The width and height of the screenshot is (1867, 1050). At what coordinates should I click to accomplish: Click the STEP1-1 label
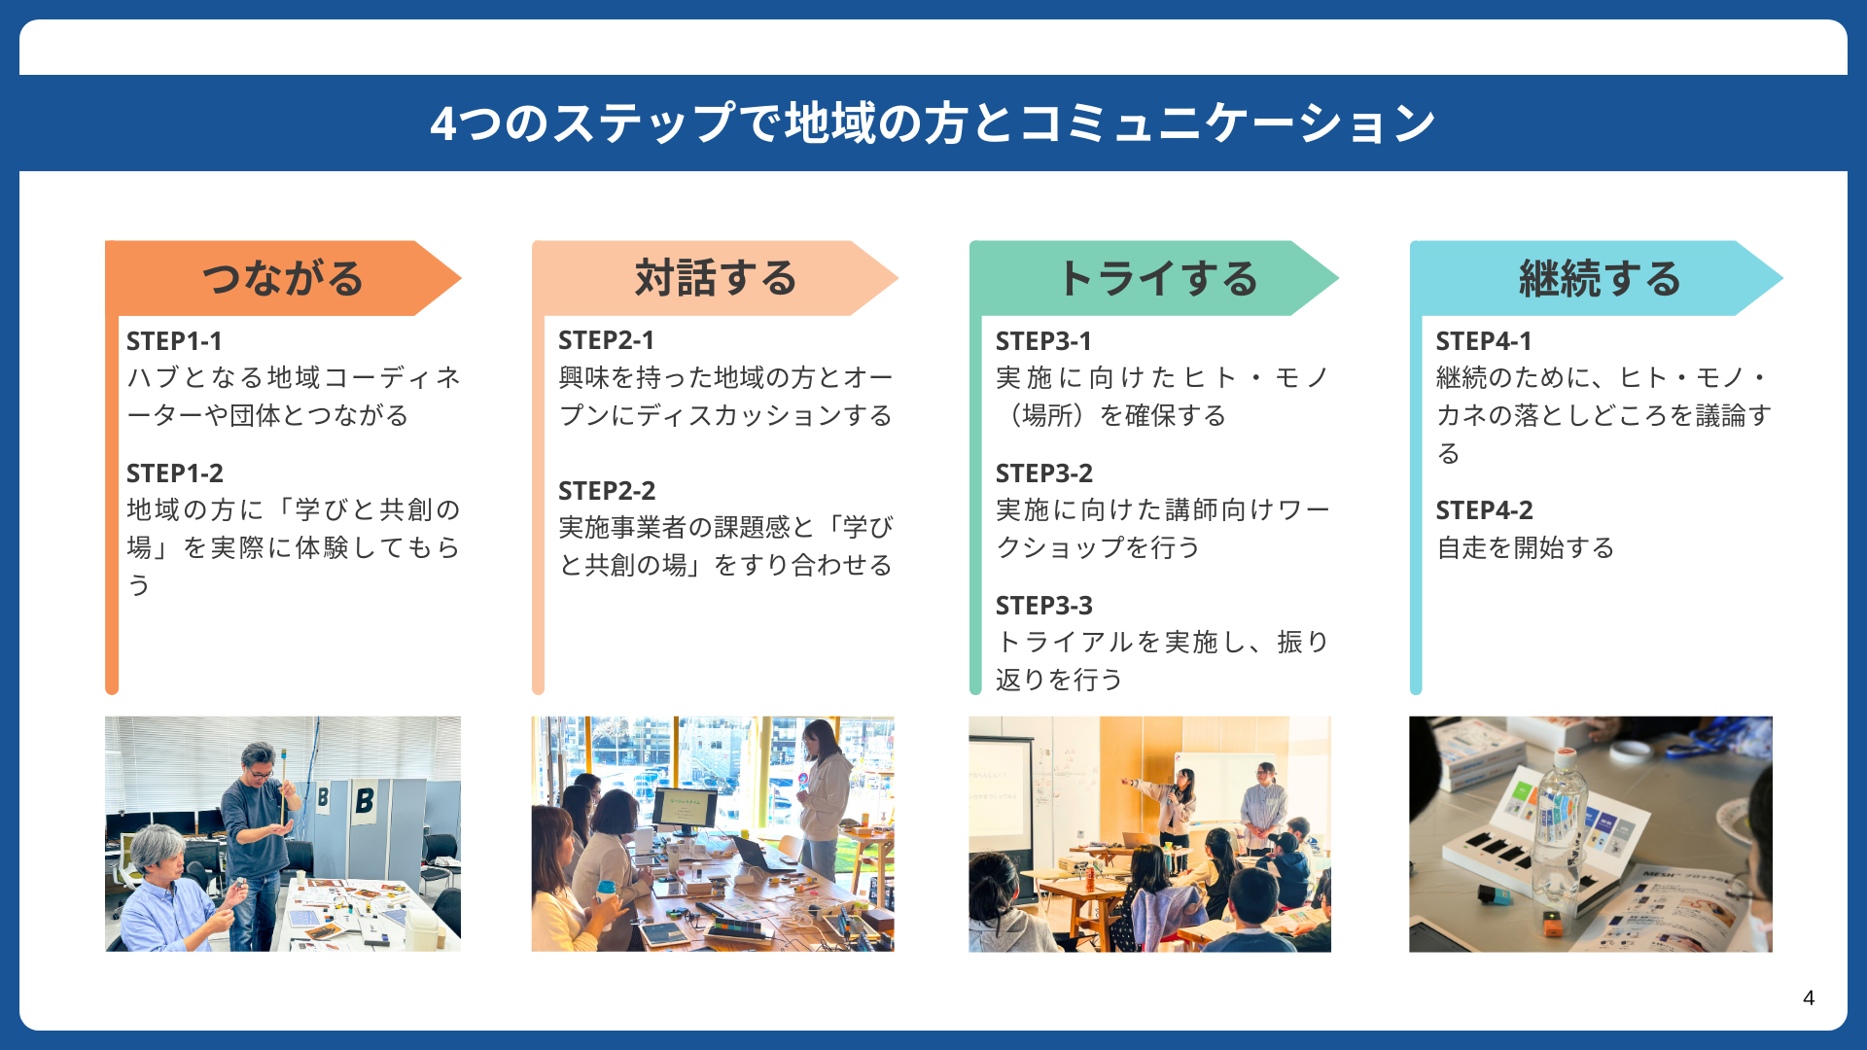174,341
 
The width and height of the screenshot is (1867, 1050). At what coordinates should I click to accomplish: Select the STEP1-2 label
175,473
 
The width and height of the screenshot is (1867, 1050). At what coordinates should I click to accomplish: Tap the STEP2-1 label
606,340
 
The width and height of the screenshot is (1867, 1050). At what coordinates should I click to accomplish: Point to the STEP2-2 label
607,491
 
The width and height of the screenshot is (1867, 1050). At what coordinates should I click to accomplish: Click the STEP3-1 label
1043,341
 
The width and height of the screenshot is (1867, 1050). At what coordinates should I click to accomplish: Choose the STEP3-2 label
1044,473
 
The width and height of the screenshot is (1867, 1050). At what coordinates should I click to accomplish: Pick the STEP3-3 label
1044,606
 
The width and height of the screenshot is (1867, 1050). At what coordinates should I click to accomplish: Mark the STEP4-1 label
1484,341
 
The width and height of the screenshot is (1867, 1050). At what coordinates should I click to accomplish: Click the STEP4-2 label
1485,510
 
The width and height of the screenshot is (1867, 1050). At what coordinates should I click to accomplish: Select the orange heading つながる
282,278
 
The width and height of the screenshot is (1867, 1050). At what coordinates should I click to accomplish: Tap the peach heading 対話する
716,278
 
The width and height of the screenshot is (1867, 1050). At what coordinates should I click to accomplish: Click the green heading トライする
1157,278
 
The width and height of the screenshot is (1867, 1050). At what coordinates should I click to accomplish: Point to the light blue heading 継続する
1600,278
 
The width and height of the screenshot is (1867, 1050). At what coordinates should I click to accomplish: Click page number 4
1809,997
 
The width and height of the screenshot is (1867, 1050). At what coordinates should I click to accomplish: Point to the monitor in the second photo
685,809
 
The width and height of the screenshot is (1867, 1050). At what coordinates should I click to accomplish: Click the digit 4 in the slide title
442,123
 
